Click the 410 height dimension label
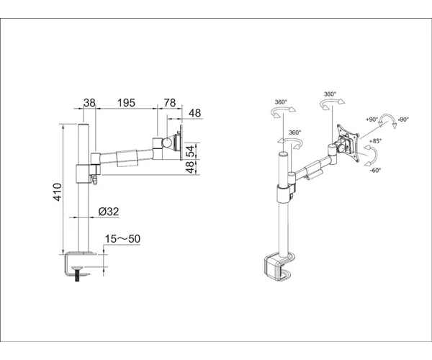click(58, 192)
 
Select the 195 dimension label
click(126, 103)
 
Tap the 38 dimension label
click(89, 103)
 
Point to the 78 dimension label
click(170, 103)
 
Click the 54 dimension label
click(190, 150)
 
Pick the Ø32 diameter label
click(109, 212)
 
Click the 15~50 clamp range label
click(122, 239)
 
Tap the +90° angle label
click(372, 120)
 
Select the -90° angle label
click(403, 120)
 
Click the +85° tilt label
click(376, 141)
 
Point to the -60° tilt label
click(375, 170)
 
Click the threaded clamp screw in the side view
click(76, 274)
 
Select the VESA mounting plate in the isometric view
click(348, 143)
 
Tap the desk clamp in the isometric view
click(279, 266)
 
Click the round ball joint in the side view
click(167, 143)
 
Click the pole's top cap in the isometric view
click(283, 154)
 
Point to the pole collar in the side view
click(83, 174)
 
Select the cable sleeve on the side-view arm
click(127, 158)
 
